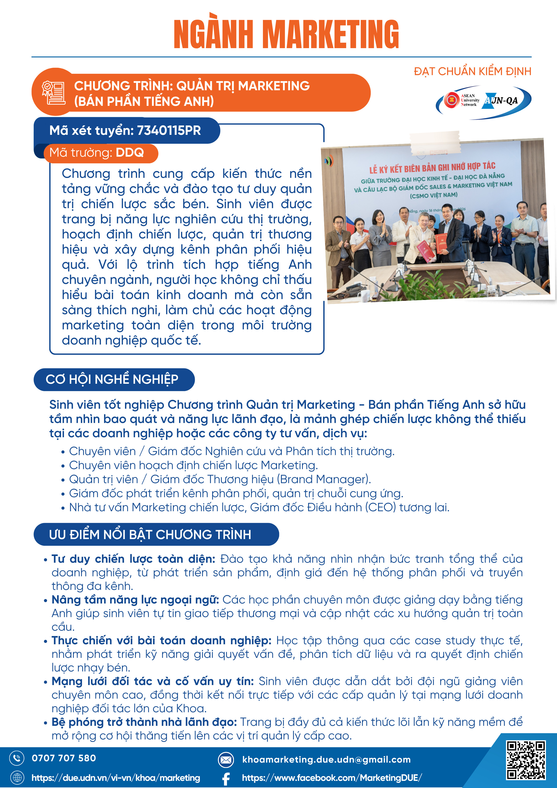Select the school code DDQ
click(130, 152)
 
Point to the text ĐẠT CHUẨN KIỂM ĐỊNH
click(472, 71)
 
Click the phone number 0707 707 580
click(64, 758)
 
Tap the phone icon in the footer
click(17, 758)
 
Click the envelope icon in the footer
click(226, 760)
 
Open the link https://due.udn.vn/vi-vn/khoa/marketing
click(116, 778)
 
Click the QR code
click(526, 760)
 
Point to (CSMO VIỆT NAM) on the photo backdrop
click(433, 195)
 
